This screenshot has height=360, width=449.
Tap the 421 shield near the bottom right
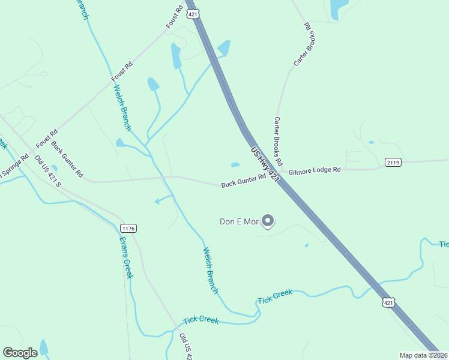390,304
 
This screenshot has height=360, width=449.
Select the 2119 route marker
393,162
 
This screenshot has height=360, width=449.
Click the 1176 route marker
128,228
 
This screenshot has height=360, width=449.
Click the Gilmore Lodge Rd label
314,170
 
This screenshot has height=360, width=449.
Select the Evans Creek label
125,257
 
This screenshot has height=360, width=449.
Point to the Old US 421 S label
48,170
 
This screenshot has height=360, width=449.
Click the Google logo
20,353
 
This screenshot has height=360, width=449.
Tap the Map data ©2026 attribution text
423,355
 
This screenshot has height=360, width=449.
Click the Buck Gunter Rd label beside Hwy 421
243,181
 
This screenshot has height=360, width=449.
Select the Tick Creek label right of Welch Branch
275,296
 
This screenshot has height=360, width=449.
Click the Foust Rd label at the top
175,17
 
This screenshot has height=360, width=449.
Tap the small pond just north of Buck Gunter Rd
235,165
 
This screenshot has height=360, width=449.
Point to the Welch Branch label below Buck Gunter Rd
210,271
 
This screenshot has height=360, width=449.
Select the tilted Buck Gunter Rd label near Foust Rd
67,159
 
